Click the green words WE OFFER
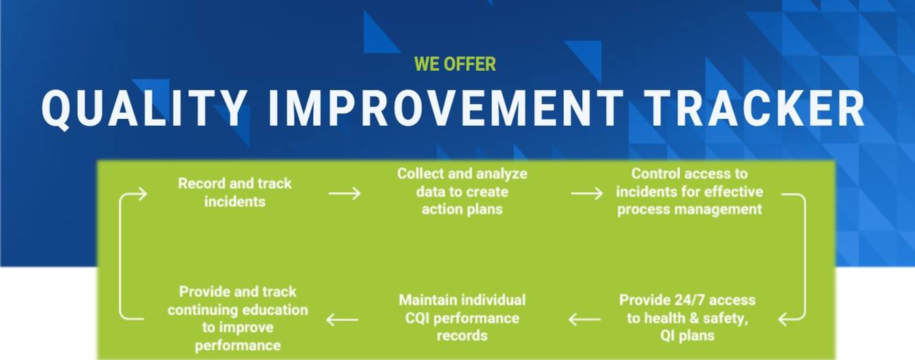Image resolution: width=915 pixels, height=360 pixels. (x=455, y=64)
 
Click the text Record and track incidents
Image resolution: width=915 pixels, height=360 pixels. (x=235, y=192)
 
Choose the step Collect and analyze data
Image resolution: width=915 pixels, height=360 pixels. (x=462, y=192)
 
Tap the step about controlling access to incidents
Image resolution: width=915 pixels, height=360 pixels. (x=689, y=192)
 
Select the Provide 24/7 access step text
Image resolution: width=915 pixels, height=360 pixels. (x=687, y=317)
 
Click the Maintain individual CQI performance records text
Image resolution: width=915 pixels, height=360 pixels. (x=462, y=317)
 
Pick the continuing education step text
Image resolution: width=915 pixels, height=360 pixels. (x=238, y=319)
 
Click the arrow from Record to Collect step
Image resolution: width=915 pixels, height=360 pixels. (x=345, y=194)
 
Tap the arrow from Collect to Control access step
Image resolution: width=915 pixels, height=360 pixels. (x=587, y=194)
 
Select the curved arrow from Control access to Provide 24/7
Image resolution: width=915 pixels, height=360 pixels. (x=805, y=257)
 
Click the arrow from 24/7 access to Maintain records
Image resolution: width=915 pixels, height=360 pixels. (x=585, y=319)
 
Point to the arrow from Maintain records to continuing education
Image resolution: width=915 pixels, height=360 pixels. (x=342, y=319)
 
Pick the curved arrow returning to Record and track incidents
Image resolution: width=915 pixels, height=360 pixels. (x=120, y=257)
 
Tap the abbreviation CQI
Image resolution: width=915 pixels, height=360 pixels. (x=417, y=319)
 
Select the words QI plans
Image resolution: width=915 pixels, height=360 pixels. (x=687, y=336)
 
